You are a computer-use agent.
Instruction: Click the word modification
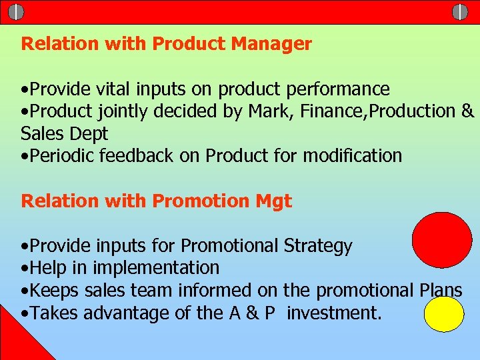coord(353,156)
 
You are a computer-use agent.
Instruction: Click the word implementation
coord(156,268)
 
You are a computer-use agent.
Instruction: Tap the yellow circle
coord(444,314)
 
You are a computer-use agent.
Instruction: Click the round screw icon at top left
coord(16,11)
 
